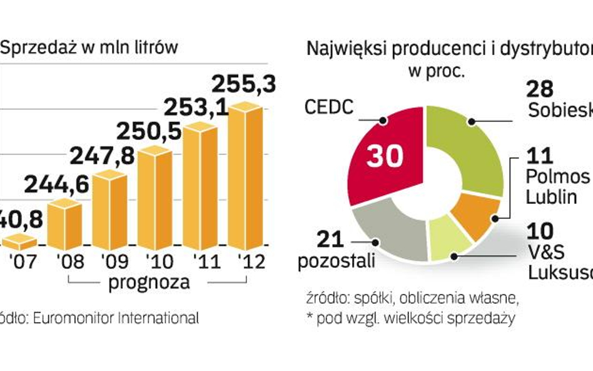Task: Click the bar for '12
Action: tap(245, 178)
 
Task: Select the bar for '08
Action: tap(64, 226)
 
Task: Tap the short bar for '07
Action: tap(19, 241)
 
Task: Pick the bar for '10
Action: tap(155, 197)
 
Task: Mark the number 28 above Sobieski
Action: tap(539, 89)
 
